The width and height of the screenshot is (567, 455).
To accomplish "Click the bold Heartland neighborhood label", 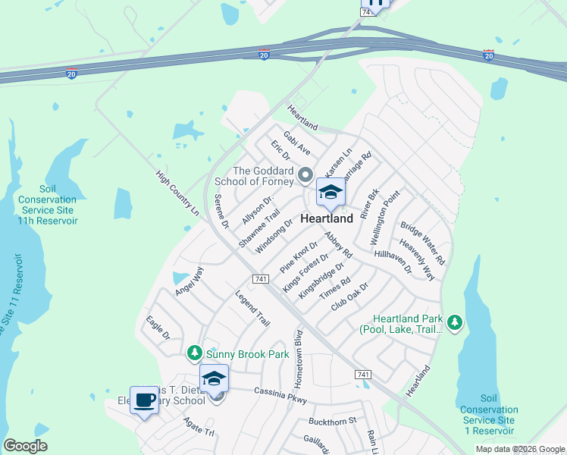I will (x=327, y=218).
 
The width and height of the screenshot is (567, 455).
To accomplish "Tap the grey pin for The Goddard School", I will (x=305, y=176).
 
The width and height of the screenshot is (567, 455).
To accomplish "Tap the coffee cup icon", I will (x=144, y=399).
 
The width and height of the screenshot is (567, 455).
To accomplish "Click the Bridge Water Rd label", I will (x=423, y=243).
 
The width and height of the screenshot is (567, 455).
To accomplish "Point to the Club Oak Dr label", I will (x=349, y=297).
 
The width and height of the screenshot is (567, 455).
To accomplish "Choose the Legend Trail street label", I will (x=252, y=309).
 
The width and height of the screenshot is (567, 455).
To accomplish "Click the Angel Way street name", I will (x=190, y=281).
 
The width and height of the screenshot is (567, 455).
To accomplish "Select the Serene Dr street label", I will (x=221, y=212).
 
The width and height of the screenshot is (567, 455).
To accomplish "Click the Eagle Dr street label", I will (x=158, y=328).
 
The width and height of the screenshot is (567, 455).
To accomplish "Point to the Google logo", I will (x=25, y=446).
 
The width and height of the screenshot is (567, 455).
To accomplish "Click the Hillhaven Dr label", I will (x=393, y=262).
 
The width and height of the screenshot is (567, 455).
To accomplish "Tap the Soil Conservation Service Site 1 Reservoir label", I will (x=488, y=415).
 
